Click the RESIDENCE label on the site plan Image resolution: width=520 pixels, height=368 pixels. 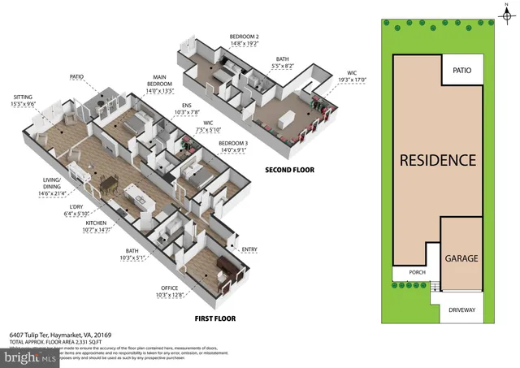437,159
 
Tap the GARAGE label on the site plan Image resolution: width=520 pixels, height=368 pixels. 460,258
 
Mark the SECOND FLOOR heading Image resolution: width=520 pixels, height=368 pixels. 289,170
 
